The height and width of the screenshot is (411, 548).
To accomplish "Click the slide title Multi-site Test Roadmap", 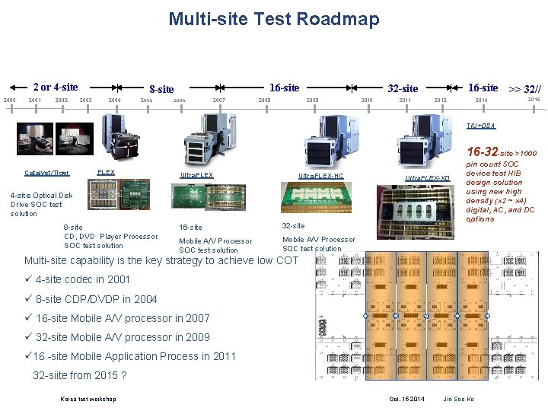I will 273,19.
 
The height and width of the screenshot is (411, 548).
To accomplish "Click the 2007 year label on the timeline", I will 219,100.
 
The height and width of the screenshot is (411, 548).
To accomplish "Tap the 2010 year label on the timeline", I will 367,100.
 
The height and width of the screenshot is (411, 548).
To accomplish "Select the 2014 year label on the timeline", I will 481,100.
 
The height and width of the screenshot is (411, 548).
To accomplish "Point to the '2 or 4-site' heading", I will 55,87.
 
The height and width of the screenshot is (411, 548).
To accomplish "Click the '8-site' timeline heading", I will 161,89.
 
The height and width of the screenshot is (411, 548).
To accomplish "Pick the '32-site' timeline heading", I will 403,89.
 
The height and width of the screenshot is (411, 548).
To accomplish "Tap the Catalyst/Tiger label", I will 46,173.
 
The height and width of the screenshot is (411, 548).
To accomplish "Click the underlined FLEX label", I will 106,172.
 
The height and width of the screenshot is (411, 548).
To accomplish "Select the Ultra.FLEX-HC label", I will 320,176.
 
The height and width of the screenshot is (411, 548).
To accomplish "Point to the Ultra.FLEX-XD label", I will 427,178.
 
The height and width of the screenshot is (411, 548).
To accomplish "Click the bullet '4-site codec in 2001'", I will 82,279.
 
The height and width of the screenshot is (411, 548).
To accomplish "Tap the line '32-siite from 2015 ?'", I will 79,375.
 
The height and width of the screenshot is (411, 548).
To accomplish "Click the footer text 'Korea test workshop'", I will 88,399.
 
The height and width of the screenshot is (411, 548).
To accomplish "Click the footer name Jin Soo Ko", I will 459,399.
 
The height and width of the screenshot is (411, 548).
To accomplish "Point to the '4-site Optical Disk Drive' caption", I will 41,204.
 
